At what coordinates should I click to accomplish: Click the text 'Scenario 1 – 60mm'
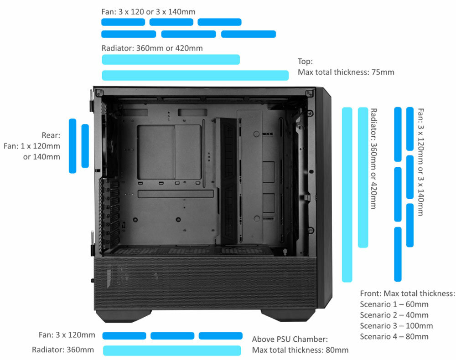pos(394,304)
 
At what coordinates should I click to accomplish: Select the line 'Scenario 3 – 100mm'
pos(396,326)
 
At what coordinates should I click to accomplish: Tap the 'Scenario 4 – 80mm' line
pos(394,337)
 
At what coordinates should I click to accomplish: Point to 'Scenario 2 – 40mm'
pos(394,315)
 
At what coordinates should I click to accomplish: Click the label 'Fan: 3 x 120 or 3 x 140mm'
pos(148,11)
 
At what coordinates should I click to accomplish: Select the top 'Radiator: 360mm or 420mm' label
pos(152,48)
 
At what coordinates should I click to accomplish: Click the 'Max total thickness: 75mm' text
pos(346,72)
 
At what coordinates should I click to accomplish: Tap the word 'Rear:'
pos(51,135)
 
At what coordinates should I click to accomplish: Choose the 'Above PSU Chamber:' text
pos(290,339)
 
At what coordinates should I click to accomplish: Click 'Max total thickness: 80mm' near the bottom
pos(300,350)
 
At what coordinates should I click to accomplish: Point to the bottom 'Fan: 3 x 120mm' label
pos(67,335)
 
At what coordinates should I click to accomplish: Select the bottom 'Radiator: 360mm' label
pos(63,350)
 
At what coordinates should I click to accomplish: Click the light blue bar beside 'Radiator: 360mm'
pos(172,350)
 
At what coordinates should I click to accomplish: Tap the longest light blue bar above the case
pos(195,76)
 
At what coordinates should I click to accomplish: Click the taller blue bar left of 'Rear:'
pos(72,146)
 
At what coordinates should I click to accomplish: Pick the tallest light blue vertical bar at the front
pos(347,194)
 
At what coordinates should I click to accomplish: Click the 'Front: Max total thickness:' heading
pos(407,293)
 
